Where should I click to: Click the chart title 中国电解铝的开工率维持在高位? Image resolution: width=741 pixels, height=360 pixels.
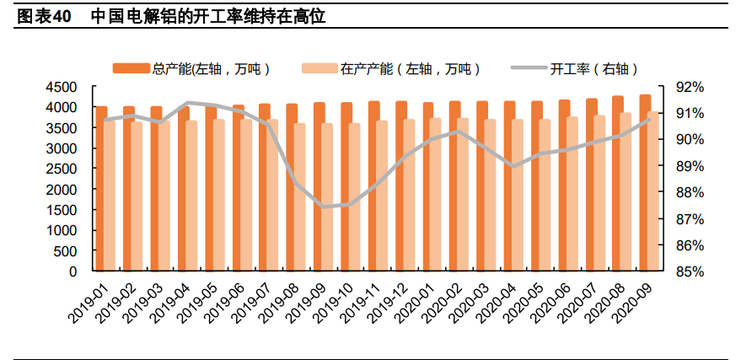click(x=207, y=16)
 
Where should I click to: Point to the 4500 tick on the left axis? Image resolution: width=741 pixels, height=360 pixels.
click(x=62, y=87)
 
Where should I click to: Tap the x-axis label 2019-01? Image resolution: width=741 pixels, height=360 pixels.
click(x=88, y=304)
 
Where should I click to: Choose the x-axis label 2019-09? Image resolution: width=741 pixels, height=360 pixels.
click(x=305, y=304)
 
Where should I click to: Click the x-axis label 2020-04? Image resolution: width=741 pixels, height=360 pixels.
click(x=496, y=304)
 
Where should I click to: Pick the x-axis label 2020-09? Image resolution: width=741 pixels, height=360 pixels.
click(x=632, y=304)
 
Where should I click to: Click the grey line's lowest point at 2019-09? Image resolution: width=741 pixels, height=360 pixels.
click(x=323, y=207)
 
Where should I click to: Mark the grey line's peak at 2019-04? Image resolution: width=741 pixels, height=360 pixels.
click(x=186, y=103)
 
